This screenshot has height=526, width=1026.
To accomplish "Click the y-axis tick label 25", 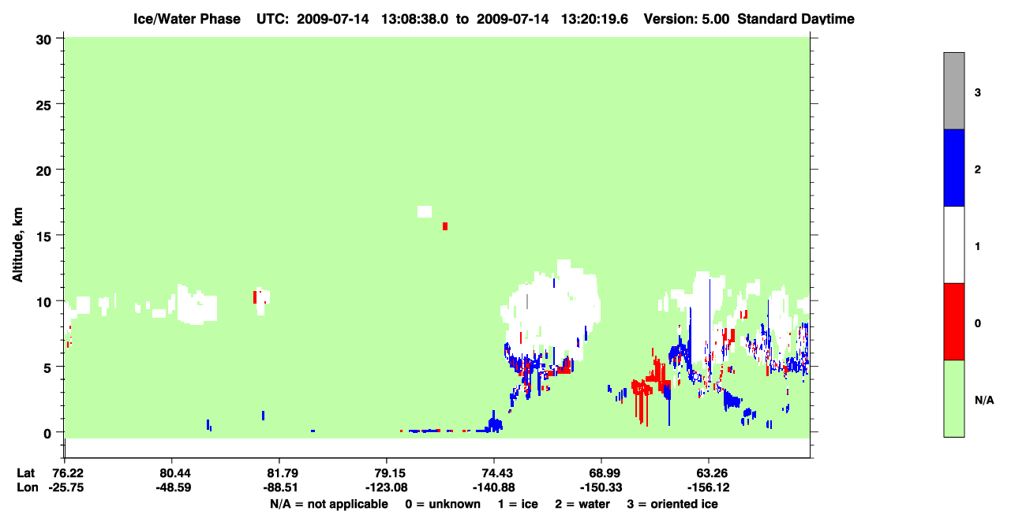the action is click(43, 106).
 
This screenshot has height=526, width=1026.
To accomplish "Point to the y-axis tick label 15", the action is click(43, 237).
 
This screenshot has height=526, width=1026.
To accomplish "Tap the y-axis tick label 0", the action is click(47, 434).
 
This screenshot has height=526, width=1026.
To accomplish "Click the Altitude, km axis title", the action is click(17, 245).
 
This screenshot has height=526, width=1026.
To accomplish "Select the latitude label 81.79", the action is click(279, 473).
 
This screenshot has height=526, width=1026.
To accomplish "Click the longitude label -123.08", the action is click(386, 488).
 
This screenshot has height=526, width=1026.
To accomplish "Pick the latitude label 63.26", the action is click(708, 473).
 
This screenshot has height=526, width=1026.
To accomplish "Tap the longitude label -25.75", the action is click(66, 488).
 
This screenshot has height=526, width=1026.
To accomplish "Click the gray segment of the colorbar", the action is click(954, 91).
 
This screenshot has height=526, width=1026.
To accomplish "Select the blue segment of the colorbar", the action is click(954, 167).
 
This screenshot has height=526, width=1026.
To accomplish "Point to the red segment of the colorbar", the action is click(954, 322).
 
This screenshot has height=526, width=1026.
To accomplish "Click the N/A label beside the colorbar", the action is click(984, 401).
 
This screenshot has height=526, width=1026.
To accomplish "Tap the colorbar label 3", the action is click(978, 93).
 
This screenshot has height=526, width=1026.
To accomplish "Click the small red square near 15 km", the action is click(445, 226).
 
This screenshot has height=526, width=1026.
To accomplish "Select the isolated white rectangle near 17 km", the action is click(425, 212).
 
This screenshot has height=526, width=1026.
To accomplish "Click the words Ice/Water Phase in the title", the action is click(187, 19).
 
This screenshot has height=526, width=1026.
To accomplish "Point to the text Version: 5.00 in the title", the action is click(687, 19).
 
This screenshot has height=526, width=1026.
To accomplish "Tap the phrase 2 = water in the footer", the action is click(582, 504).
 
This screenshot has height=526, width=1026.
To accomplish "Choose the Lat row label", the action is click(26, 473).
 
